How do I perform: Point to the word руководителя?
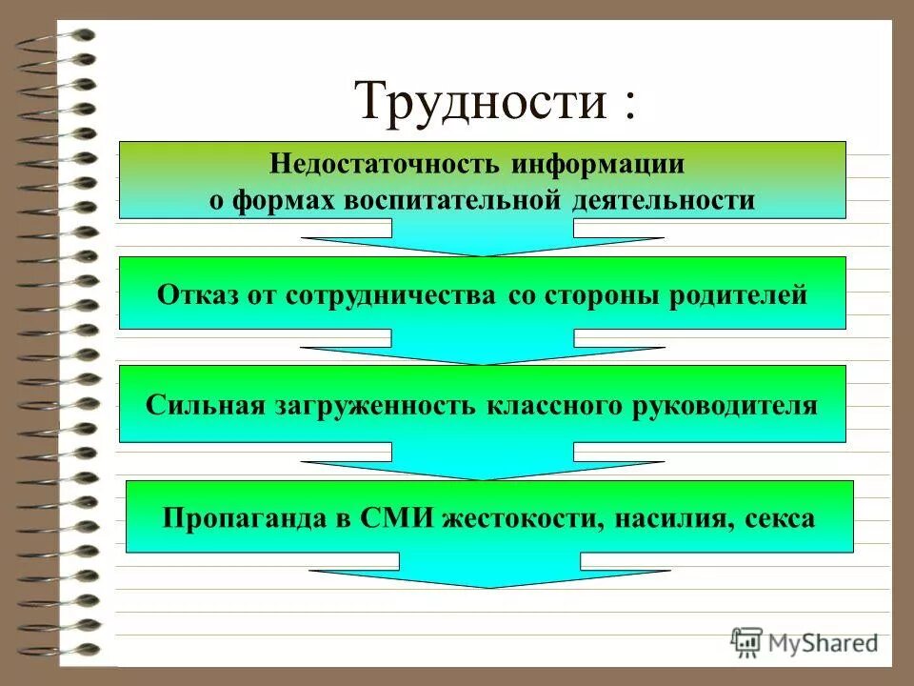[x=723, y=404]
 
